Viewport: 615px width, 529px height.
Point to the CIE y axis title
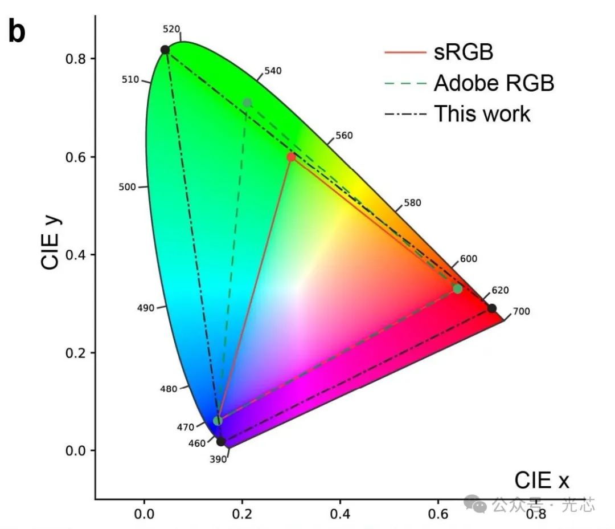[x=51, y=239]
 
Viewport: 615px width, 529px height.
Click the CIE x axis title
[x=542, y=481]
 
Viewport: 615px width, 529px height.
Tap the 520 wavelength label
[x=171, y=29]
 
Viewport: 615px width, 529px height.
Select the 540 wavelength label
[x=273, y=71]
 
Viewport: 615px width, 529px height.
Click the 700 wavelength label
[x=521, y=311]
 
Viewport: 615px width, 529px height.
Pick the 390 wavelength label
[x=218, y=459]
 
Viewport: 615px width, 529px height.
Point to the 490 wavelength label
[x=146, y=308]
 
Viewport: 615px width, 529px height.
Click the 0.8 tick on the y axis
[x=72, y=59]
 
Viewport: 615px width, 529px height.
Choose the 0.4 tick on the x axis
[x=340, y=514]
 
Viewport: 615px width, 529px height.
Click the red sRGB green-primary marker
[x=291, y=157]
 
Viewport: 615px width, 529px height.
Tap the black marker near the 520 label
[x=165, y=50]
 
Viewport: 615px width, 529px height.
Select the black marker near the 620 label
[x=491, y=308]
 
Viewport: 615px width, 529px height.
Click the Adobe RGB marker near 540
[x=247, y=103]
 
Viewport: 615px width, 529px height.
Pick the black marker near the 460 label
[x=221, y=441]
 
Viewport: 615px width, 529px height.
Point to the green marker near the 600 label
[x=457, y=289]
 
